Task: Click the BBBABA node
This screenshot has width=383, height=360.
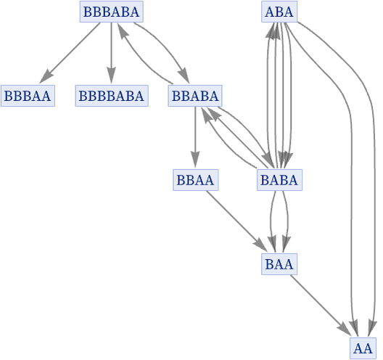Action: (x=112, y=12)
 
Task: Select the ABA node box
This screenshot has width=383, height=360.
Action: (x=279, y=12)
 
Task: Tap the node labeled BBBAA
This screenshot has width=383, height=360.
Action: (x=28, y=96)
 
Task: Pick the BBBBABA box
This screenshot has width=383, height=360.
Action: (x=112, y=96)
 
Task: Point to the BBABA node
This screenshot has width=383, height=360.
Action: (x=195, y=96)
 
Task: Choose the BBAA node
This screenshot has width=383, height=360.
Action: (x=195, y=180)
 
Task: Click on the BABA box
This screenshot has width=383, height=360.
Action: (x=279, y=180)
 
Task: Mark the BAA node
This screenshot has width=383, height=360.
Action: (x=279, y=264)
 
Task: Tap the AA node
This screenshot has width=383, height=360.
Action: (x=363, y=348)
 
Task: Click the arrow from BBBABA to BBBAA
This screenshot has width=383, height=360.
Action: (x=70, y=53)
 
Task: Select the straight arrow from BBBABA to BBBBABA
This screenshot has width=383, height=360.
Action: (x=112, y=53)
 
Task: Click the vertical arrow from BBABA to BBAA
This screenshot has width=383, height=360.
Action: (x=195, y=137)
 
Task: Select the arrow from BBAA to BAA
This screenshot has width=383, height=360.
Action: (x=236, y=221)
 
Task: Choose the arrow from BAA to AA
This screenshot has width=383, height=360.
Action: (x=320, y=305)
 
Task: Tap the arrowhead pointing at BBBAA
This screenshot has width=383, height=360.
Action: (x=46, y=76)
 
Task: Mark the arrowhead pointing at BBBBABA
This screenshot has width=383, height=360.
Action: (x=112, y=76)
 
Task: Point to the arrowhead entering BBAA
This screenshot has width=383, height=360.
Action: (x=195, y=160)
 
